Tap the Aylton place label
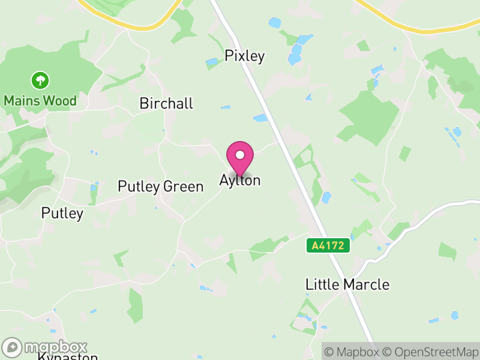[240, 180]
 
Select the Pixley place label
[245, 56]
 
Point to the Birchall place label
[166, 104]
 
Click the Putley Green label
[161, 187]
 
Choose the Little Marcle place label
[347, 284]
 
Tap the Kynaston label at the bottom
[67, 357]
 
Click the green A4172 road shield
[328, 245]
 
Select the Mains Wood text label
[40, 100]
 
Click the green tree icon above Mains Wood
[40, 80]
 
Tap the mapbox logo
[45, 347]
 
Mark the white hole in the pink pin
[240, 155]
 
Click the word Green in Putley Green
[184, 187]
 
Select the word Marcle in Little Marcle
[368, 284]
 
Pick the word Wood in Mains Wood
[62, 100]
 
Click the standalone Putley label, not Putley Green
[62, 213]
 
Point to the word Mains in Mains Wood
[23, 100]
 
